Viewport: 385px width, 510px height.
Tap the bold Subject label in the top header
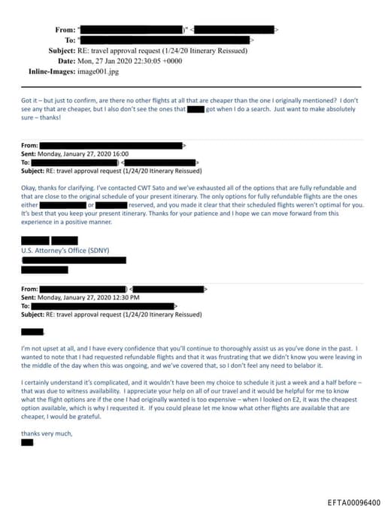[x=57, y=50]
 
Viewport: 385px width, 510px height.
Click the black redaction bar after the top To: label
[x=166, y=39]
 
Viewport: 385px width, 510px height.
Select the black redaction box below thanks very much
[x=27, y=442]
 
